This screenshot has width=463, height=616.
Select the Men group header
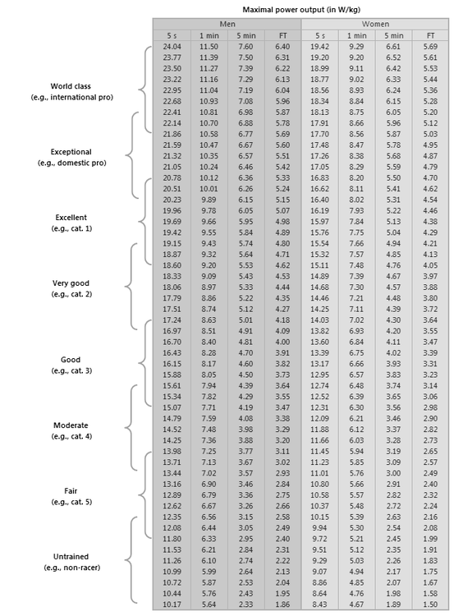[x=227, y=25]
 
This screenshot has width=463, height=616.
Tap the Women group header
[x=375, y=25]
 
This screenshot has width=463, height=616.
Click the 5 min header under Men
[x=245, y=36]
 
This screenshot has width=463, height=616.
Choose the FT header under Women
[x=430, y=36]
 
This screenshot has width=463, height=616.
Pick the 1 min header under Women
[x=357, y=36]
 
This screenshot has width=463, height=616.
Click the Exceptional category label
[x=71, y=151]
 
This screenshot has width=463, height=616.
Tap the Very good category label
[x=71, y=283]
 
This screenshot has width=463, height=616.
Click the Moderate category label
[x=71, y=425]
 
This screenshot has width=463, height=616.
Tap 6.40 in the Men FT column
[x=282, y=48]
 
